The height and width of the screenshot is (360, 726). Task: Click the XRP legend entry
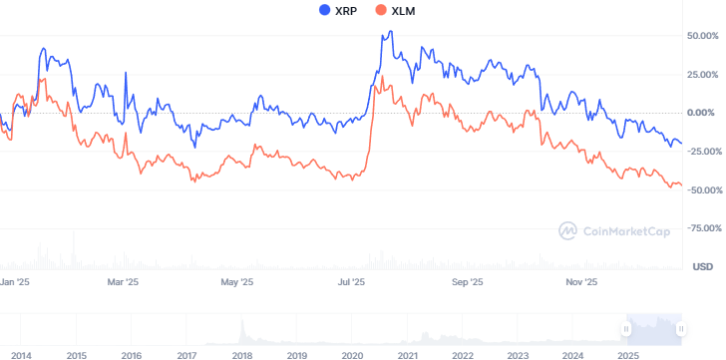[x=337, y=10]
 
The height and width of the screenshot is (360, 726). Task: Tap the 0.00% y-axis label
[x=704, y=113]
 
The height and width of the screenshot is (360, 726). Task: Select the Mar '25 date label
[x=123, y=282]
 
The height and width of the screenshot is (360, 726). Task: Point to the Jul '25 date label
[x=350, y=282]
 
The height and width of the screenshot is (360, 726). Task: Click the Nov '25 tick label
[x=581, y=282]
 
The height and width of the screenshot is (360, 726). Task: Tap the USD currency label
[x=702, y=266]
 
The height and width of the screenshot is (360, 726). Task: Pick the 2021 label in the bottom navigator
[x=407, y=355]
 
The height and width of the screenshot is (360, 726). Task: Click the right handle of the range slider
[x=680, y=327]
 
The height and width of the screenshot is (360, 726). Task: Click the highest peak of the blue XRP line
[x=389, y=31]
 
